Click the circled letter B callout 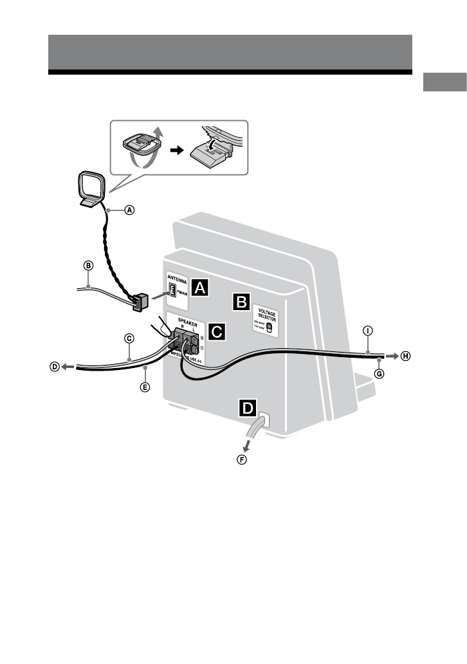tap(89, 264)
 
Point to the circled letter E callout tap(145, 387)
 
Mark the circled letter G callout tap(379, 373)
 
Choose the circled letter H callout tap(405, 356)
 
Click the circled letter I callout tap(367, 331)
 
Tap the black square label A tap(201, 287)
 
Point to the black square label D tap(247, 407)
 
